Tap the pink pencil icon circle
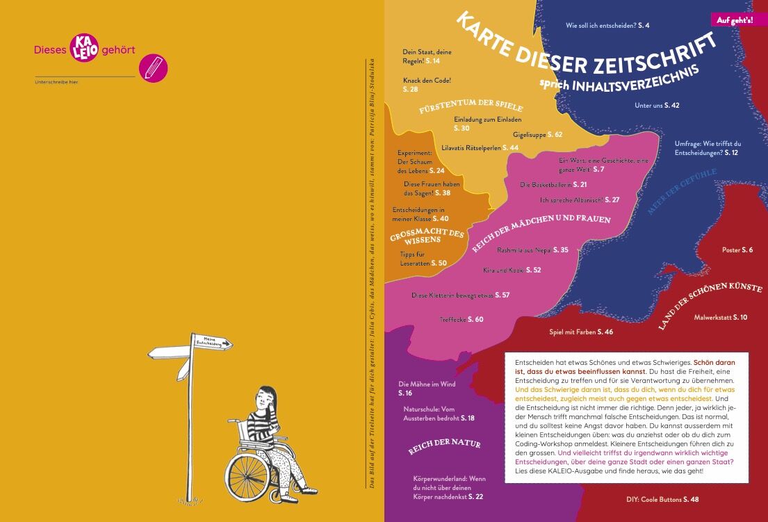click(x=154, y=68)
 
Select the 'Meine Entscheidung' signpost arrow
click(x=213, y=342)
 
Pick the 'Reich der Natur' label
click(x=443, y=447)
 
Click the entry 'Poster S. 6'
click(x=737, y=250)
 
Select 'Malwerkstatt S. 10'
click(x=721, y=318)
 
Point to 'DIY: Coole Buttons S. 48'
click(x=662, y=499)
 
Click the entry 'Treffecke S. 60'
click(x=461, y=319)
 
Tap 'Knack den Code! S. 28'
click(x=427, y=85)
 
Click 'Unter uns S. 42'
click(x=656, y=105)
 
